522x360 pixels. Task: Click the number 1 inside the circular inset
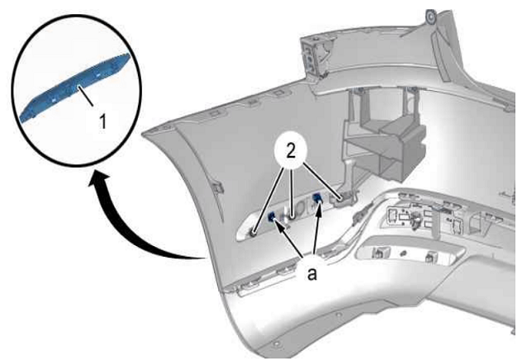(x=103, y=121)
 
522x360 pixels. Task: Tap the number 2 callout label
(x=291, y=152)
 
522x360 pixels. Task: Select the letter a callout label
(x=312, y=275)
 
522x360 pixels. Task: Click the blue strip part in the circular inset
(x=75, y=87)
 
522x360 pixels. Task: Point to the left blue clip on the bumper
(x=271, y=217)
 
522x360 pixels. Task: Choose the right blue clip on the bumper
(x=317, y=199)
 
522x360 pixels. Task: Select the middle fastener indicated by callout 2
(x=292, y=218)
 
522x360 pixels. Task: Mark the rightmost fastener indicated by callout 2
(x=340, y=199)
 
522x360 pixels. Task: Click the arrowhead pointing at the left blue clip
(x=278, y=225)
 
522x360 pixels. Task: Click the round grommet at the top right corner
(x=431, y=17)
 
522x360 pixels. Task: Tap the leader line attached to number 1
(x=86, y=96)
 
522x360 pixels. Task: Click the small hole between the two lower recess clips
(x=402, y=253)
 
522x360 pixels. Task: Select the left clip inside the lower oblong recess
(x=378, y=253)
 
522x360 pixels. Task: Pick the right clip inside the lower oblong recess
(x=430, y=257)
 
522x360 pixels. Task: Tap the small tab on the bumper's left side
(x=218, y=187)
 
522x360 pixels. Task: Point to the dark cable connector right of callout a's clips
(x=358, y=217)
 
